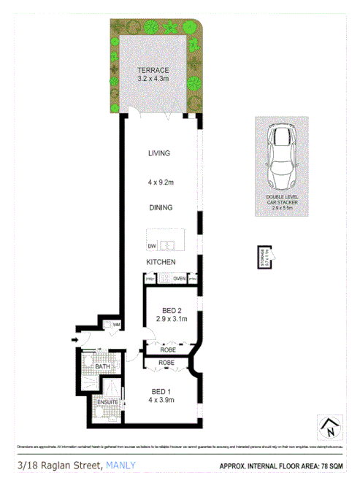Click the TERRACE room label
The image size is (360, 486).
(x=154, y=70)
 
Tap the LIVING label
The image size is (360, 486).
(x=159, y=153)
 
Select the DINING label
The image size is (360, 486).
(x=160, y=207)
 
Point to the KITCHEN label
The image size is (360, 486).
(x=160, y=261)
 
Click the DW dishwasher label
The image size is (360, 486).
(x=152, y=245)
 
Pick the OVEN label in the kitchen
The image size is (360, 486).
(x=179, y=278)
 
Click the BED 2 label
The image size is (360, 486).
(x=168, y=309)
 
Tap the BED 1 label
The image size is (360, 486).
(x=159, y=390)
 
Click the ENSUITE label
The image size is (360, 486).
(x=107, y=401)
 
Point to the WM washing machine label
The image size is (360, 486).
(x=116, y=325)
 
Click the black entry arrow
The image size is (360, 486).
(x=75, y=339)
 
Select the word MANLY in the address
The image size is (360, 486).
(x=121, y=466)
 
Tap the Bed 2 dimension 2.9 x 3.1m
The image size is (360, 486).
(x=168, y=318)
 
